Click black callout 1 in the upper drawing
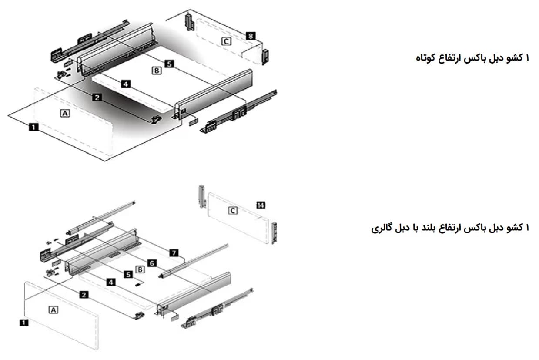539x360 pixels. click(33, 127)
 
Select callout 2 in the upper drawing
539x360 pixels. click(97, 98)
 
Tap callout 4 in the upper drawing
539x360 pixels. click(126, 84)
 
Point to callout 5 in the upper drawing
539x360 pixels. click(169, 64)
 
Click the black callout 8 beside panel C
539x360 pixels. click(251, 36)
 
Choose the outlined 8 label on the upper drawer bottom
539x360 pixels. click(157, 71)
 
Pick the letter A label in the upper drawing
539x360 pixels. click(65, 113)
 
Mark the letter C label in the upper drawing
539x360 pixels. click(226, 41)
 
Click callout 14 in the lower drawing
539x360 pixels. click(261, 205)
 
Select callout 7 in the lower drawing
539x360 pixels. click(174, 253)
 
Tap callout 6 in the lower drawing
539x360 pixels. click(152, 263)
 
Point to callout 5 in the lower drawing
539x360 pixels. click(128, 275)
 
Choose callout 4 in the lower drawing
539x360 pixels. click(110, 282)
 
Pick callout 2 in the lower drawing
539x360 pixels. click(84, 295)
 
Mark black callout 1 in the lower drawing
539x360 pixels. click(24, 323)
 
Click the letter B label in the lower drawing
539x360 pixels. click(140, 269)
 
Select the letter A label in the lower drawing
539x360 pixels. click(54, 310)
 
